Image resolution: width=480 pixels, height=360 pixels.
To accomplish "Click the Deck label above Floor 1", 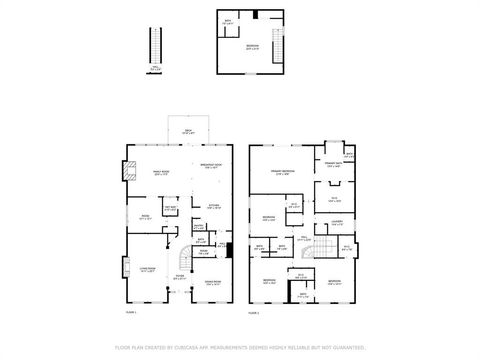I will click(x=187, y=132).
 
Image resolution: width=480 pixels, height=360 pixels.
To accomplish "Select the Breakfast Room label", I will click(x=211, y=166).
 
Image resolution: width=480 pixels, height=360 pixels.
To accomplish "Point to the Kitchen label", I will click(x=212, y=207).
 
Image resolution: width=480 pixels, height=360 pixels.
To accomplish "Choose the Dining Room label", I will click(x=212, y=284).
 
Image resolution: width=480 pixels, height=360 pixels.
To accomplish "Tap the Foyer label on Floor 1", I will click(x=180, y=277).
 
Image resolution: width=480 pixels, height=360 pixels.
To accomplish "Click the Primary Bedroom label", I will click(x=282, y=172).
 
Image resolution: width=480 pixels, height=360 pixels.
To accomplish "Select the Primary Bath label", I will click(x=333, y=165).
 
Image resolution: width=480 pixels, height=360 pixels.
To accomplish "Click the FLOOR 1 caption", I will click(x=130, y=313).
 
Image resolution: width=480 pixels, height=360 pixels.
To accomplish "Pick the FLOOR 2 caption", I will click(x=254, y=313).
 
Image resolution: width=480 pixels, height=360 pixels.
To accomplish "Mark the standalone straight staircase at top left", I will click(x=154, y=46).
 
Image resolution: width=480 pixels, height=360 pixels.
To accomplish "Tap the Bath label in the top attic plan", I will click(x=228, y=21).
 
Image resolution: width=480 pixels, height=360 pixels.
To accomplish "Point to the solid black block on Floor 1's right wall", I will click(x=231, y=251).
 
